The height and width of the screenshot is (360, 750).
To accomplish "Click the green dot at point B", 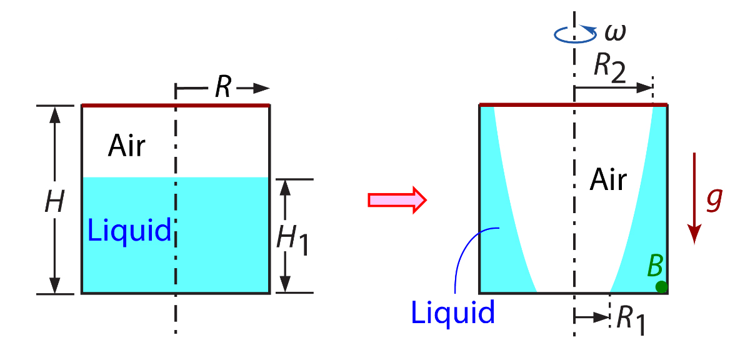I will (661, 287).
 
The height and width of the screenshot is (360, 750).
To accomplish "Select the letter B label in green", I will (655, 266).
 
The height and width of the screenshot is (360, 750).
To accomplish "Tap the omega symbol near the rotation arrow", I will (614, 31).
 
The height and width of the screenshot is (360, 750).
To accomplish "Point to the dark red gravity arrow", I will (694, 199).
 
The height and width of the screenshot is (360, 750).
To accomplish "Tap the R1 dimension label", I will (631, 320).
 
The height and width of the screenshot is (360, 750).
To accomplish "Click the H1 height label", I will (294, 238).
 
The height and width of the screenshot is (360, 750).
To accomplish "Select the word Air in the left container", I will (127, 146).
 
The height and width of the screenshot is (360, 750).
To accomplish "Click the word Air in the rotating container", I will (608, 181).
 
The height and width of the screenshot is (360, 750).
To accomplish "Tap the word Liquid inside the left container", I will (129, 231).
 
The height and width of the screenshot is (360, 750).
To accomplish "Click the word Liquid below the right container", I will (453, 311).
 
